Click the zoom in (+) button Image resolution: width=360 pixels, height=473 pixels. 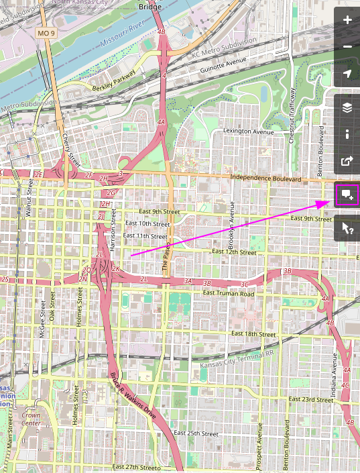coord(347,20)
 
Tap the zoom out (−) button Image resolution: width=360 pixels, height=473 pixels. coord(347,46)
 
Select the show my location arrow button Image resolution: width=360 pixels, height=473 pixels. coord(347,73)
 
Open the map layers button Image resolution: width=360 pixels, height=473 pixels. coord(347,107)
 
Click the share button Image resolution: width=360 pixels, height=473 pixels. coord(347,161)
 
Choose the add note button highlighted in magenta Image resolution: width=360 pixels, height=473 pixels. coord(347,195)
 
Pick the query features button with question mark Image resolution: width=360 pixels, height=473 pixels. coord(347,228)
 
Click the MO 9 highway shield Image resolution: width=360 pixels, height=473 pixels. coord(46,33)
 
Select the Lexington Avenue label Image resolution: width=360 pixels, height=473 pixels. coord(249,132)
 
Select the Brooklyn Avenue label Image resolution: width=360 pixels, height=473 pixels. coord(232,221)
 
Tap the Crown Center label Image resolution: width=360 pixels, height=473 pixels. coord(31,419)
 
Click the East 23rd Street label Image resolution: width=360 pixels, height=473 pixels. coord(310,399)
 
